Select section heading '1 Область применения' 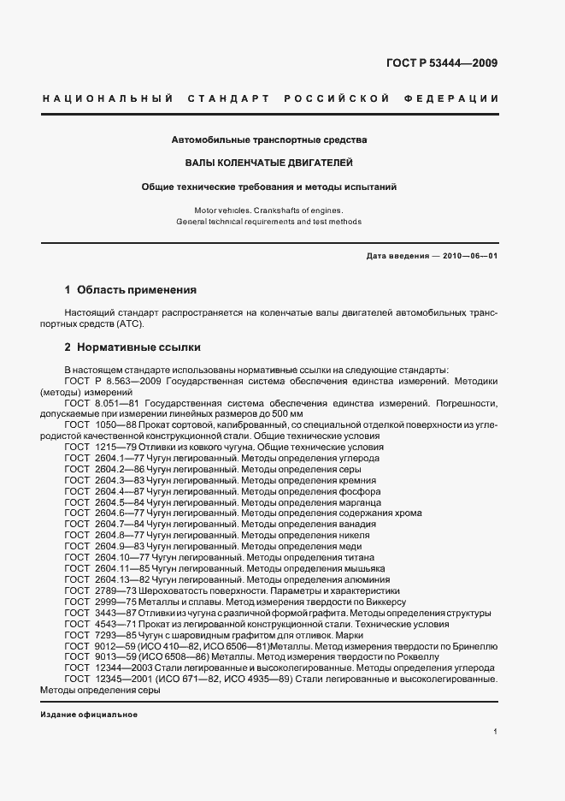click(131, 290)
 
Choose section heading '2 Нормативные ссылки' click(133, 347)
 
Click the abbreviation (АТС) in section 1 click(131, 324)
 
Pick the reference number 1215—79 click(107, 447)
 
